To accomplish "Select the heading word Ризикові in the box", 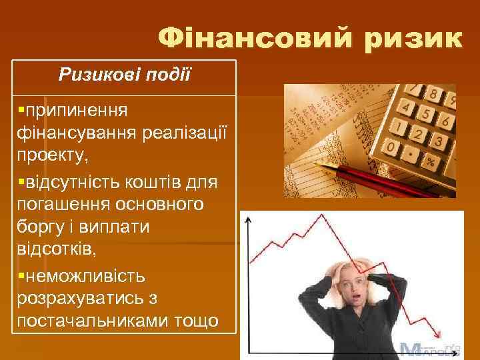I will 95,73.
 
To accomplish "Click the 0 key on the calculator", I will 395,145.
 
